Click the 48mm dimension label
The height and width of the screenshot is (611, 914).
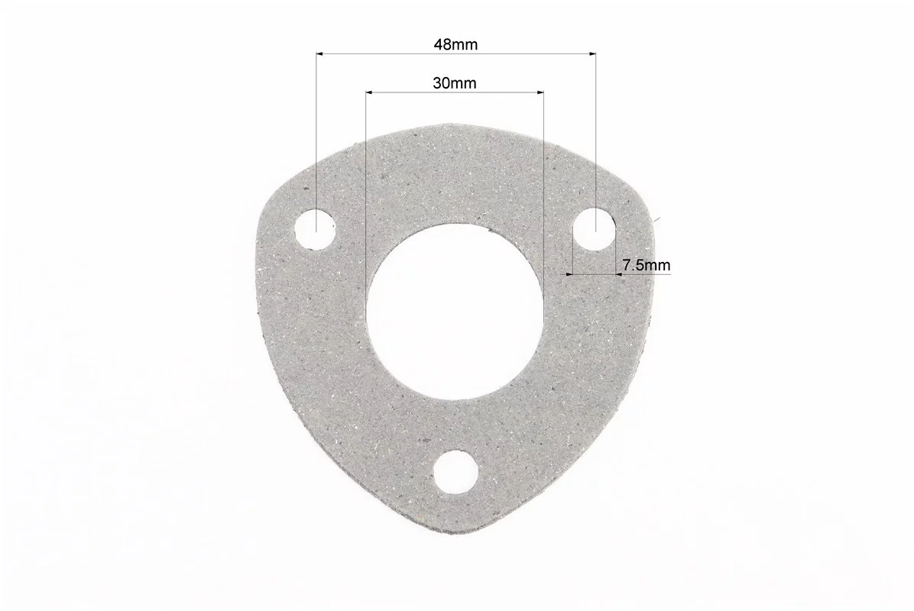(x=455, y=45)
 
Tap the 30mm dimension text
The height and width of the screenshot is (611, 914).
(x=454, y=83)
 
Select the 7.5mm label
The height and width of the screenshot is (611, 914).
(x=646, y=266)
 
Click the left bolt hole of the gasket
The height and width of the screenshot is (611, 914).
(x=316, y=229)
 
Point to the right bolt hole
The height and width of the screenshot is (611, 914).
(x=595, y=228)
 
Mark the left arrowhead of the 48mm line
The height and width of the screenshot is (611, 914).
(x=320, y=54)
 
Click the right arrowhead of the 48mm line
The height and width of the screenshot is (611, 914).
(x=592, y=54)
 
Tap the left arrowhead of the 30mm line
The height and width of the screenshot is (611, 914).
(x=370, y=92)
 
